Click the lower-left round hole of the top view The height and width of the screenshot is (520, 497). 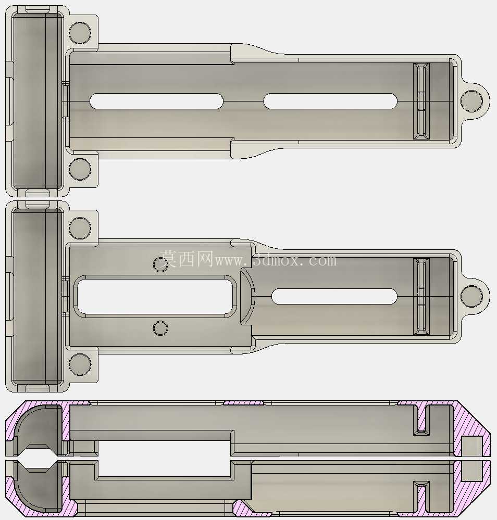coord(80,169)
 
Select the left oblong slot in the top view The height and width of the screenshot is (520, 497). coord(156,101)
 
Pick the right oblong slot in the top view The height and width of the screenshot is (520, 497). coord(330,101)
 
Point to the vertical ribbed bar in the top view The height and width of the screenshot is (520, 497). coord(421,101)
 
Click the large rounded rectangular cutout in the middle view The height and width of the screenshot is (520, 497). coord(155,296)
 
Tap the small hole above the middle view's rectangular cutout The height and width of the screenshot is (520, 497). coord(160,264)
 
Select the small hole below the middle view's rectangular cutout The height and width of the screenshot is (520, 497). coord(160,328)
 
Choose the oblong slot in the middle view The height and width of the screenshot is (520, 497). coord(334,296)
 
